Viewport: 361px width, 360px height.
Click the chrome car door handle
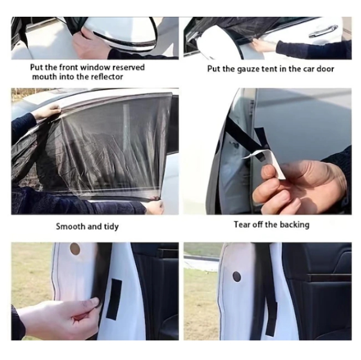[323, 32]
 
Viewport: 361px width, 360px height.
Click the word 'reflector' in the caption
[107, 76]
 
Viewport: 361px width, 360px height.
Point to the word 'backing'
[295, 224]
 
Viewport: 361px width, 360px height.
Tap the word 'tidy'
[111, 227]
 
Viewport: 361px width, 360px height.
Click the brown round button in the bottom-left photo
[75, 249]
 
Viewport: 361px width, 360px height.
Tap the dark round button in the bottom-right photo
[237, 277]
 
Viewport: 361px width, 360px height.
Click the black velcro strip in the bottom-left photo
[114, 300]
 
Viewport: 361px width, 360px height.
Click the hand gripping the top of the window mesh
[48, 111]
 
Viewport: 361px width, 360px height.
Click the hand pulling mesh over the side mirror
[88, 42]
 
